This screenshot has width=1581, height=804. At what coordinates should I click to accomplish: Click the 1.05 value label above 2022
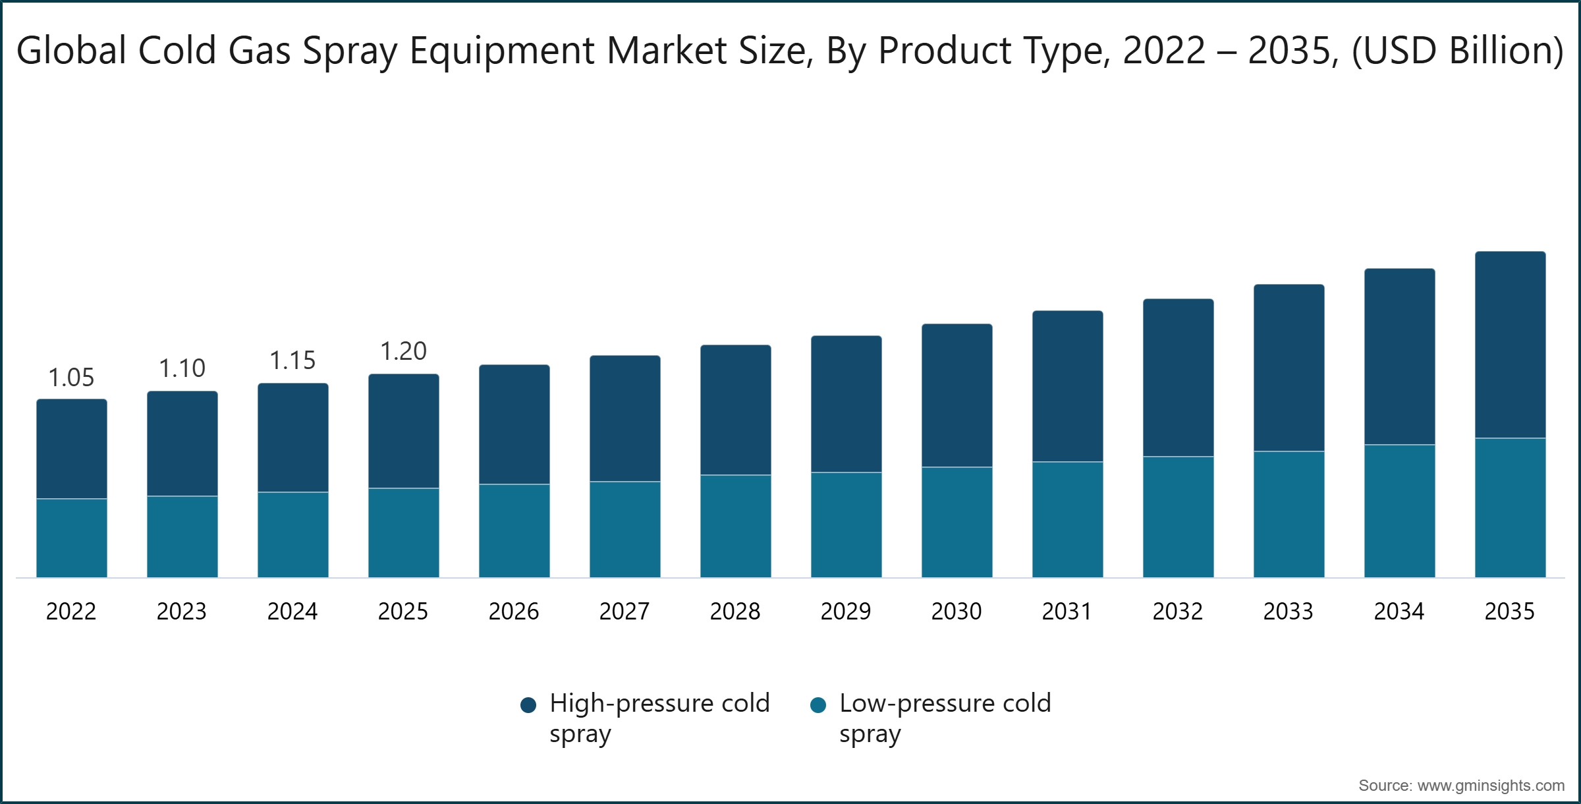71,378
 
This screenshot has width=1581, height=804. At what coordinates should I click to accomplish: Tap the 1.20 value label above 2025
403,351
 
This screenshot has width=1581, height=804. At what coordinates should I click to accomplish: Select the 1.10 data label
182,368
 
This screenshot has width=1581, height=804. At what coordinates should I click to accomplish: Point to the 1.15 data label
292,360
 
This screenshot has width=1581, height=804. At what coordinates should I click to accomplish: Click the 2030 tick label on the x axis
956,612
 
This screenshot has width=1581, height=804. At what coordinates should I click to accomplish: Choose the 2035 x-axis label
1509,612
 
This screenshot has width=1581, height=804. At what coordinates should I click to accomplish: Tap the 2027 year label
624,612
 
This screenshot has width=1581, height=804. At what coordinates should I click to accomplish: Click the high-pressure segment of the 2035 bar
1510,345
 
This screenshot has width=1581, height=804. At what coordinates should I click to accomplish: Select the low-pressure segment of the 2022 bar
72,538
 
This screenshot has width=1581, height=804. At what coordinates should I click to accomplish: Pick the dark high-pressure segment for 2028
735,410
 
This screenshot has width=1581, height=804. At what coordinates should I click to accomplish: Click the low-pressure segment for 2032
1178,517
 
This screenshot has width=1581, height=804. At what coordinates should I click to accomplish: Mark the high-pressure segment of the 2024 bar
292,438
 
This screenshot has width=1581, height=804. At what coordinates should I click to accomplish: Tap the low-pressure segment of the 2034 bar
1399,511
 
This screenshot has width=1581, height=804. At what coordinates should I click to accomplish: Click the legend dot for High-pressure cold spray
528,705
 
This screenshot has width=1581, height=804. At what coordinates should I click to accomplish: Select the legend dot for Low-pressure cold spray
818,705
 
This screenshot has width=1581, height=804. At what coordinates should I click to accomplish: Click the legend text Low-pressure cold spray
944,718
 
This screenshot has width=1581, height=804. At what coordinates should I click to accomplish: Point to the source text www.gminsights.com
1490,786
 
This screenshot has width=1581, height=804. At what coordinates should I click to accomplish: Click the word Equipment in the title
502,51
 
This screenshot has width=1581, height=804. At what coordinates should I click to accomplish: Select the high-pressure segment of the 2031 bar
1067,386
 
